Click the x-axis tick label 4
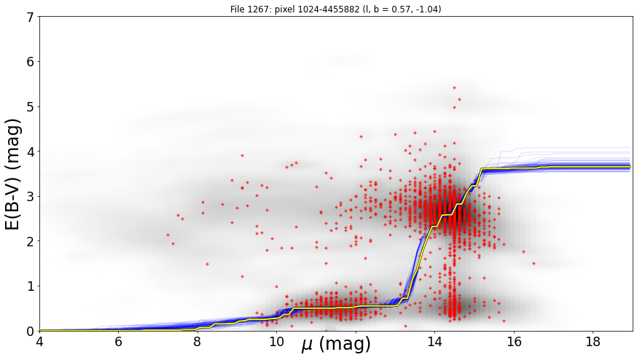[39, 342]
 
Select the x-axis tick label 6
[118, 342]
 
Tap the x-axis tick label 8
[198, 342]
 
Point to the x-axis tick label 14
[435, 342]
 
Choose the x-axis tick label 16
[515, 342]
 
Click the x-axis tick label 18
[593, 342]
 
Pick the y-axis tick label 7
[30, 17]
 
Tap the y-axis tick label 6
[30, 62]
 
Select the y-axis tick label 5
[30, 106]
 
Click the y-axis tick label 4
[30, 152]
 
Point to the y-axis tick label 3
[30, 196]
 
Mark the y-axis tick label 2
[30, 241]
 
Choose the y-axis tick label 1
[30, 286]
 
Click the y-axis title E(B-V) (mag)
[13, 174]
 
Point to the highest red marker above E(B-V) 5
[454, 87]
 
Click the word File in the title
[236, 9]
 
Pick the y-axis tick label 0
[30, 331]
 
